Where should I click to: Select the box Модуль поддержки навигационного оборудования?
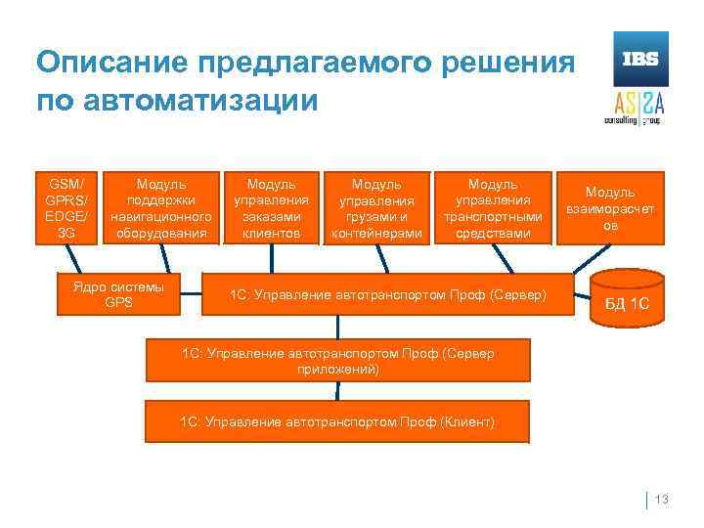click(x=161, y=207)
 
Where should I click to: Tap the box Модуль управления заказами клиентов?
click(x=272, y=207)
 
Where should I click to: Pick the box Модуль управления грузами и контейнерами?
click(x=376, y=207)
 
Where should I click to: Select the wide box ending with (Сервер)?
click(x=387, y=293)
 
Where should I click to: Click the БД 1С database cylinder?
click(x=627, y=297)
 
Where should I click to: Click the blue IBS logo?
click(x=640, y=59)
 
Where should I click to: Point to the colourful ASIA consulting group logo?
click(x=640, y=106)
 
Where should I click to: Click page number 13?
click(x=661, y=501)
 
